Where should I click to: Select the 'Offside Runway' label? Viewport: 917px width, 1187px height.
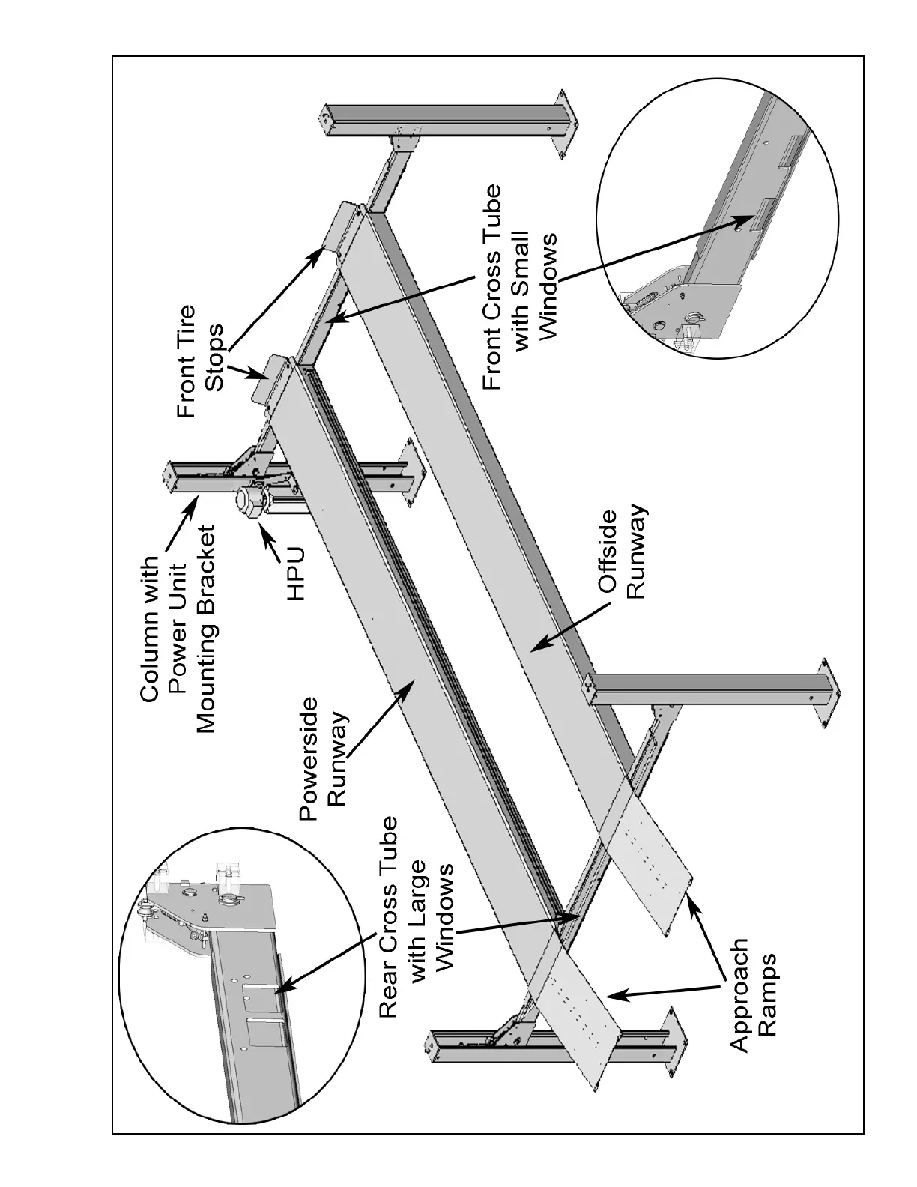[x=623, y=555]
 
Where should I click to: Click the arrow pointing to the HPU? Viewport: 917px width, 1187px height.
[x=265, y=539]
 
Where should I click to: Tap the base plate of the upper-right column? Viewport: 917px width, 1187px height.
[x=564, y=124]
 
